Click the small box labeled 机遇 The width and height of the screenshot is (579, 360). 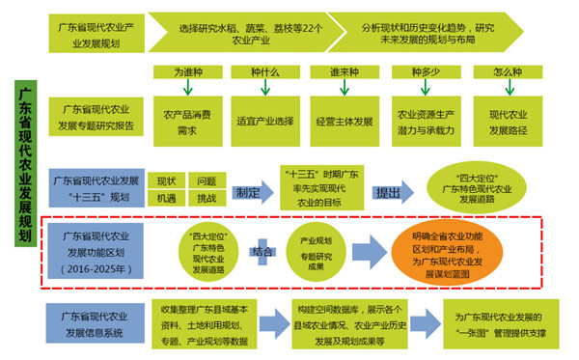tap(167, 198)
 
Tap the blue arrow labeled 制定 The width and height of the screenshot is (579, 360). tap(250, 191)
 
